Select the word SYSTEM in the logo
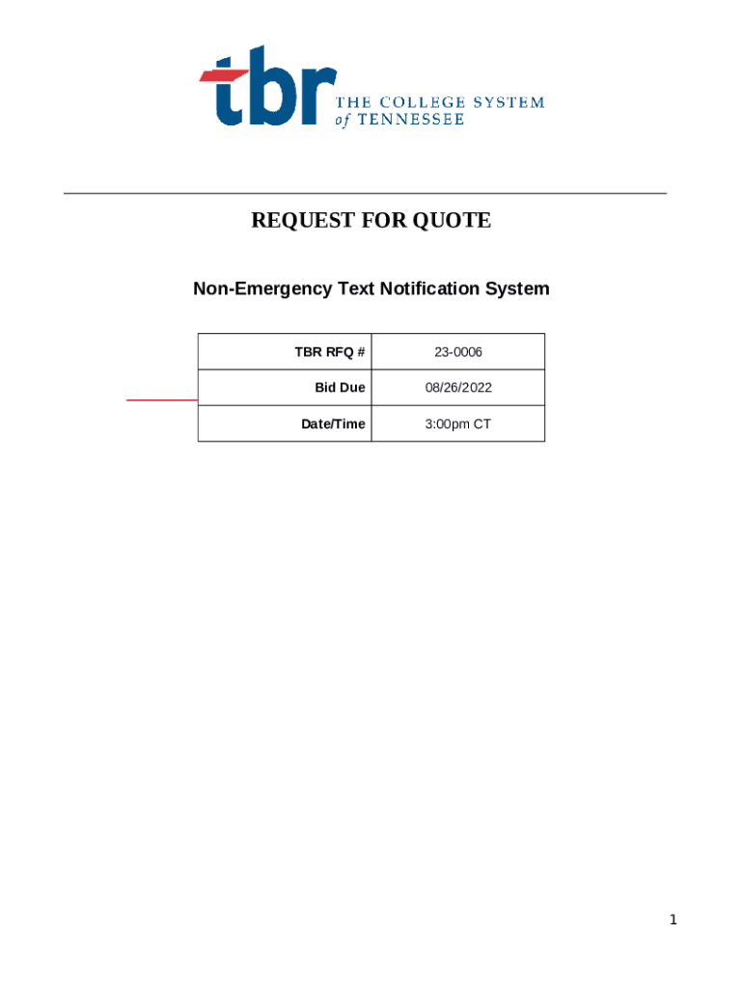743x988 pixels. click(x=508, y=102)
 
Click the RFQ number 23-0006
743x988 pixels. click(x=458, y=352)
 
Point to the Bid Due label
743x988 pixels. click(x=340, y=388)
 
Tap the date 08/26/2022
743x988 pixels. click(x=458, y=388)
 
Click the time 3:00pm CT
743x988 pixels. click(x=458, y=424)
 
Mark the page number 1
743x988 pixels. click(x=674, y=920)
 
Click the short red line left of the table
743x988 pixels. click(x=162, y=398)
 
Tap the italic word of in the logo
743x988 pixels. click(x=342, y=121)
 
